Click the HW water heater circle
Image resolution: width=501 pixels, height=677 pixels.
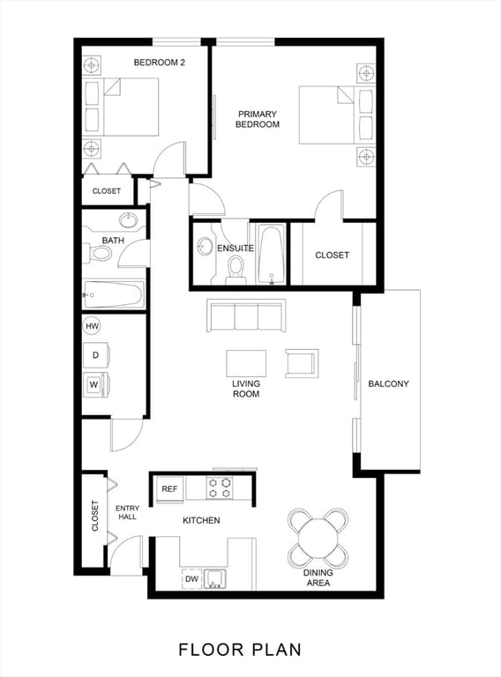[92, 326]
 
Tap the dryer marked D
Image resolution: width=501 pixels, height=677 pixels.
[95, 355]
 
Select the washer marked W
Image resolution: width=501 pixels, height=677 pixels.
[95, 384]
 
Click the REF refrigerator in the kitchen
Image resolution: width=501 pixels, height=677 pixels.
[169, 489]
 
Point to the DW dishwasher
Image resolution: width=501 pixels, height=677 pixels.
[191, 579]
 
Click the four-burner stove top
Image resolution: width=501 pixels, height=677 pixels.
[220, 487]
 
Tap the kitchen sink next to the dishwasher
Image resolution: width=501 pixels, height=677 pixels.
[214, 579]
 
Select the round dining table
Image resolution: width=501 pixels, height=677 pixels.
[318, 537]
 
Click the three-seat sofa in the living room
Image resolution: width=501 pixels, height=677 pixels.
[246, 315]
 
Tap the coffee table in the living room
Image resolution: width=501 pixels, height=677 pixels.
[246, 363]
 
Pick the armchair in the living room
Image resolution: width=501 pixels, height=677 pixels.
[302, 362]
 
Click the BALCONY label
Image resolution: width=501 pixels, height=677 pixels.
[388, 383]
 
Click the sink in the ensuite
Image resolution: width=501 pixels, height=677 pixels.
[205, 248]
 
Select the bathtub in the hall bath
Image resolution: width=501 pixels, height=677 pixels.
[114, 294]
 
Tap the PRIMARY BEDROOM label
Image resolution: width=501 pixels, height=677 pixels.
[257, 119]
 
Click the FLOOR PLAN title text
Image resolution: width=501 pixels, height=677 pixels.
[240, 650]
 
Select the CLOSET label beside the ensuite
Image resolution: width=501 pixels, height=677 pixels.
[333, 256]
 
